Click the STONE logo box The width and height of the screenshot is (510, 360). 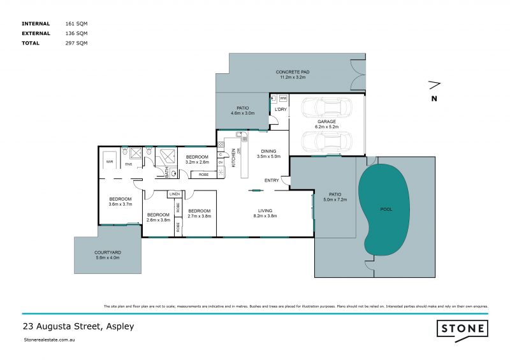pos(462,329)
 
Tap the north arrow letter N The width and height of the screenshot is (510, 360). pos(434,98)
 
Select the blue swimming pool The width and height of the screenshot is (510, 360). pos(383,208)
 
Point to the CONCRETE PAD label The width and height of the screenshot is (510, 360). pos(291,71)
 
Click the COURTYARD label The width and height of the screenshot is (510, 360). pos(108,252)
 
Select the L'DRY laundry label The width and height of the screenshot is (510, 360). pos(279,109)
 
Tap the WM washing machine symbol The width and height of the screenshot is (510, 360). pos(283,98)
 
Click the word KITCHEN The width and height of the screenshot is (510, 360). pos(234,156)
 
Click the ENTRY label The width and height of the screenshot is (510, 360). pos(272,180)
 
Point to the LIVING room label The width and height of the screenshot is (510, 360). pos(265,210)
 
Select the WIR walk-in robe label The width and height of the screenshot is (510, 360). pos(109,162)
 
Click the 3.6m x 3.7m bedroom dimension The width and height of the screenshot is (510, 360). pos(120,205)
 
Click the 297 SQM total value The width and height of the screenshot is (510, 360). pos(76,43)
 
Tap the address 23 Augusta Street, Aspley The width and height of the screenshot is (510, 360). pos(78,326)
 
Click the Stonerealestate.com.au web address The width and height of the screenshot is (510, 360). pos(50,340)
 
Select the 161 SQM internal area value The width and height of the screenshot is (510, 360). pos(76,23)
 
